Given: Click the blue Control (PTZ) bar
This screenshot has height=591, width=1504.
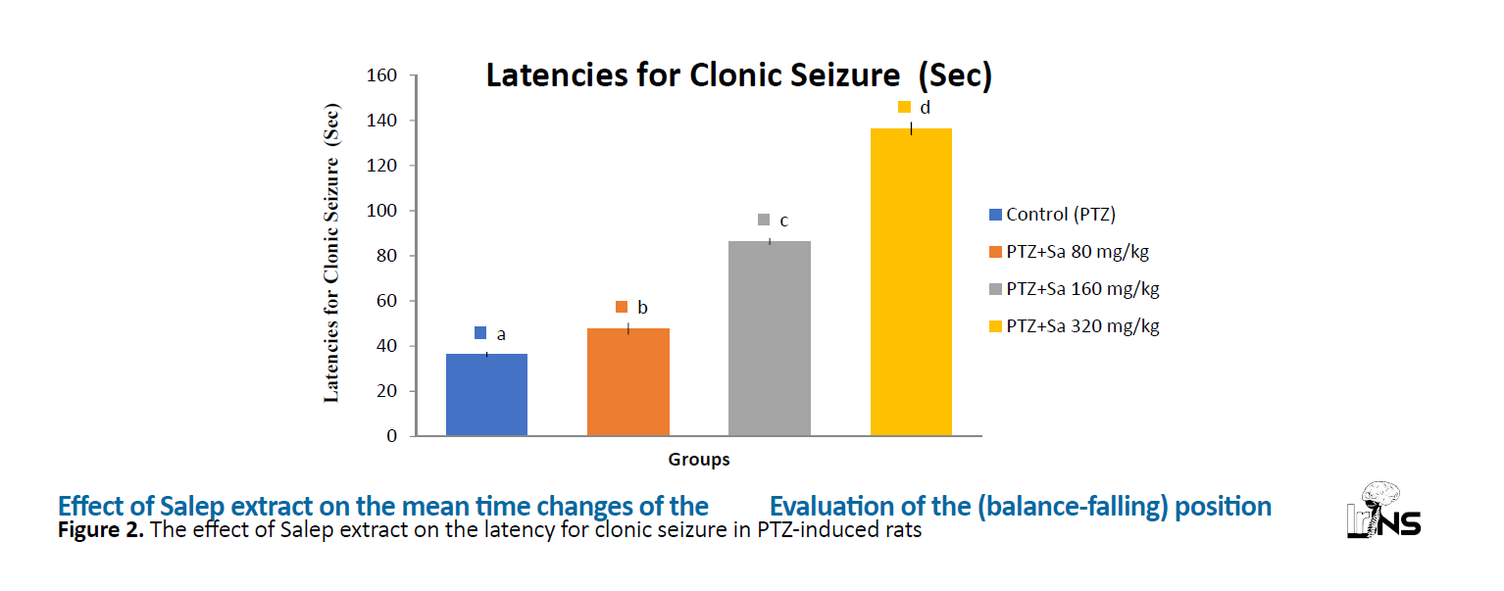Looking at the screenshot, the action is [486, 394].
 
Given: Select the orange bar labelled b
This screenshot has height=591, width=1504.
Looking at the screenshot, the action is [628, 381].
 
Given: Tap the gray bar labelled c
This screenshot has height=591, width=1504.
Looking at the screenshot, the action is [770, 338].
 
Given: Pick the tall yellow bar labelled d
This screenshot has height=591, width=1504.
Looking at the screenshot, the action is [911, 281].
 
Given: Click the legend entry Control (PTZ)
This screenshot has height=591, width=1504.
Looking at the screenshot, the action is [1052, 215].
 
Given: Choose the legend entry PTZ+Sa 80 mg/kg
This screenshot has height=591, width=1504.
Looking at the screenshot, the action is [1069, 252].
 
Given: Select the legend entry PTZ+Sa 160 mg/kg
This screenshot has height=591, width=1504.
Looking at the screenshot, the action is [1075, 289].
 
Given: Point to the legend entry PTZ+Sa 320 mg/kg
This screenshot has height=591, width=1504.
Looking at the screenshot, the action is [1075, 326].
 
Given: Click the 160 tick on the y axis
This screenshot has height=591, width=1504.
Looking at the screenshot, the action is [381, 75].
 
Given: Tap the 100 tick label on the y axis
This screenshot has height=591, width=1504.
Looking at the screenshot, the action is [381, 211].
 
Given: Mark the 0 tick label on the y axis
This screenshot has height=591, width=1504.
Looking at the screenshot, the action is [391, 436].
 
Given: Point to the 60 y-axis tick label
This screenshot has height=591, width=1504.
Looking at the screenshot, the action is [386, 301].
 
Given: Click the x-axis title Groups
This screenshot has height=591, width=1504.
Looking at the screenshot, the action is [698, 460].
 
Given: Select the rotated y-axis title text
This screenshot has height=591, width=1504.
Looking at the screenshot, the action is [331, 253].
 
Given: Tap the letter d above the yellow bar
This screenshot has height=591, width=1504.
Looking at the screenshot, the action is [925, 108].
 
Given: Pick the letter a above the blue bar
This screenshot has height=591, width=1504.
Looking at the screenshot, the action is [501, 334].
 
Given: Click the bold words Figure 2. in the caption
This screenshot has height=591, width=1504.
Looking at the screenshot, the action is [101, 530].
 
